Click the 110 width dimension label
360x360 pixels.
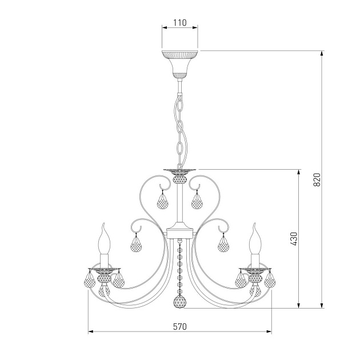click(180, 23)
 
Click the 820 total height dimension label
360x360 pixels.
click(317, 179)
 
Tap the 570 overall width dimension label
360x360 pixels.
click(180, 326)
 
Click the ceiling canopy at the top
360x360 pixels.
click(180, 63)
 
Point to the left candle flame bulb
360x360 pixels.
click(105, 238)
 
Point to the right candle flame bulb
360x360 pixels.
click(255, 238)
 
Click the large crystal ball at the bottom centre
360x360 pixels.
click(180, 302)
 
